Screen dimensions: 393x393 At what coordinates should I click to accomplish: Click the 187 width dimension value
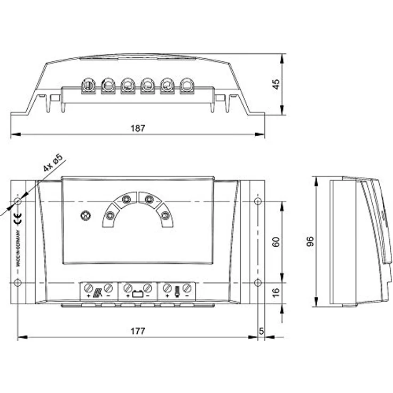point(138,128)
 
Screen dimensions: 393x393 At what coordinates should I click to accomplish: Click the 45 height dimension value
point(276,84)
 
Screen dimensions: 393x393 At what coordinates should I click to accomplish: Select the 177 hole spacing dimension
point(138,331)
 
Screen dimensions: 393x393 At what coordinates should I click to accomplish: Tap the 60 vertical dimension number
point(276,242)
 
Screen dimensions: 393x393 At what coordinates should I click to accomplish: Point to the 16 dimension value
point(276,293)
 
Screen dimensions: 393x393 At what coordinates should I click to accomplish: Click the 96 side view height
point(310,241)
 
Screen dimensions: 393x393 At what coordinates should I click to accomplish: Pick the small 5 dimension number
point(261,331)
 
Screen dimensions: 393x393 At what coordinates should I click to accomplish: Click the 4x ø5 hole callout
point(53,163)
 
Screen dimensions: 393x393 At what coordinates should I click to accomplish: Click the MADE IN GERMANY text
point(18,248)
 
